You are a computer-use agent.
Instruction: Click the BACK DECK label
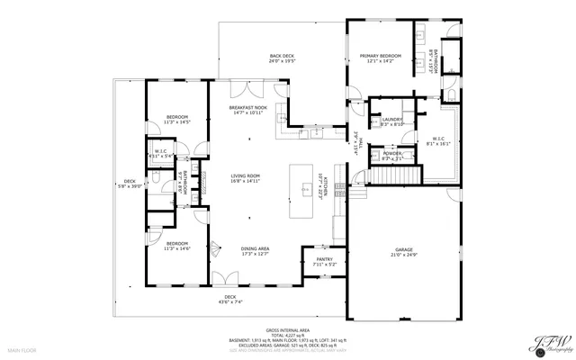[283, 57]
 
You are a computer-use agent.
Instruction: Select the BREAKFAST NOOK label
[247, 107]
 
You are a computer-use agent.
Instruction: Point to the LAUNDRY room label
[391, 119]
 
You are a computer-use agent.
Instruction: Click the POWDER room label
[392, 154]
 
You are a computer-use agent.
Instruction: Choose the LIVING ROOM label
[245, 175]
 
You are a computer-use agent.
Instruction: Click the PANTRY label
[324, 259]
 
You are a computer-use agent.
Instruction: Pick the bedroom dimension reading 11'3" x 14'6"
[177, 247]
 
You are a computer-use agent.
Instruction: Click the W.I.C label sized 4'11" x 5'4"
[161, 156]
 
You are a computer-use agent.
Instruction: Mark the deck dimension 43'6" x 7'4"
[230, 301]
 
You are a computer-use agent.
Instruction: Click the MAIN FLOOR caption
[22, 348]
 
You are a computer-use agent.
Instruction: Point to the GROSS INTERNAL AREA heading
[287, 331]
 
